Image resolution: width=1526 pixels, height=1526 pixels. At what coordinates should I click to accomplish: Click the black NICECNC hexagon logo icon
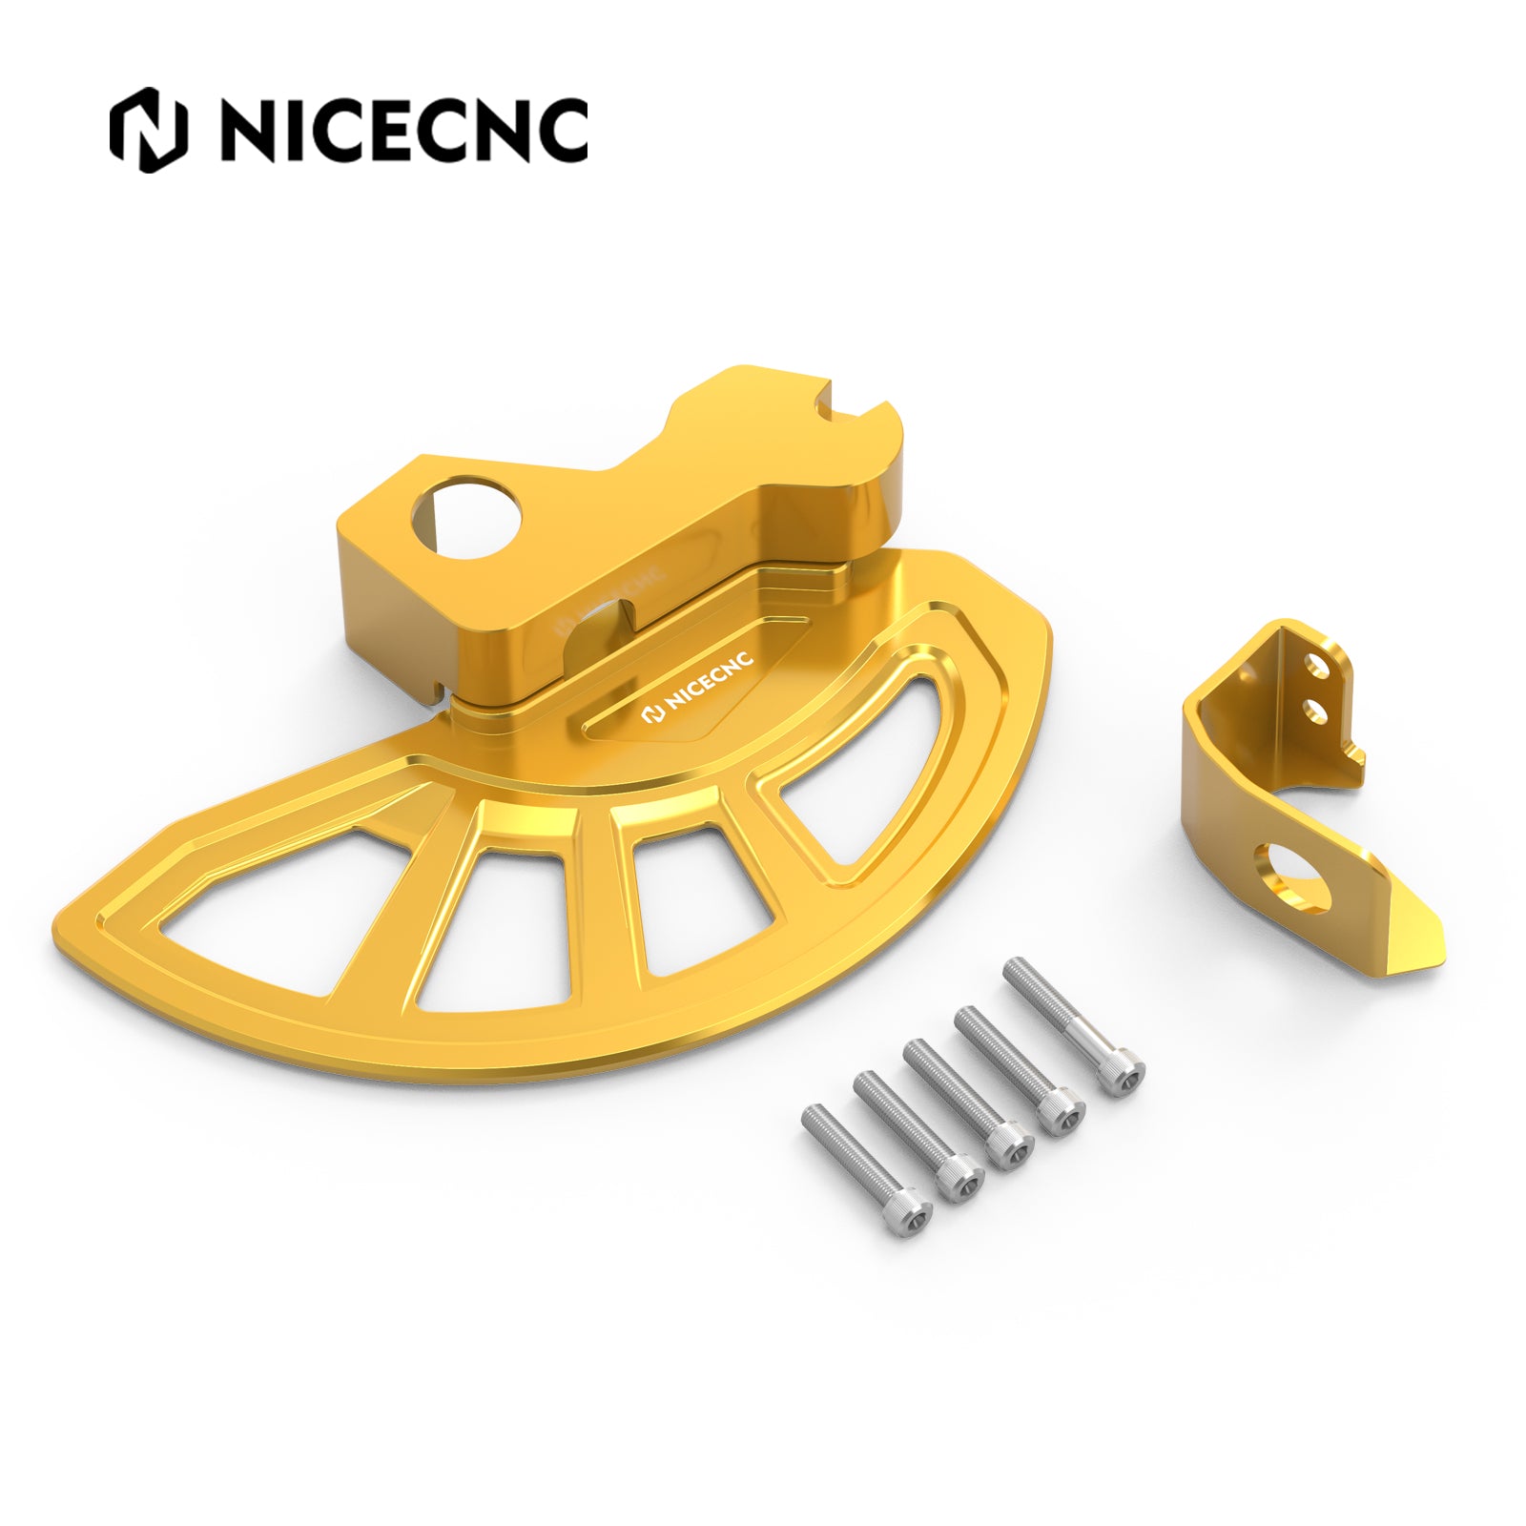[148, 130]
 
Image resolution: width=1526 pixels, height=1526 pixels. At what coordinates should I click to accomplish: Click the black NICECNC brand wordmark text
[403, 130]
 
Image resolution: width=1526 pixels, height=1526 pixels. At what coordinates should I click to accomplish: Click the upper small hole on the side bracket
[1317, 664]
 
